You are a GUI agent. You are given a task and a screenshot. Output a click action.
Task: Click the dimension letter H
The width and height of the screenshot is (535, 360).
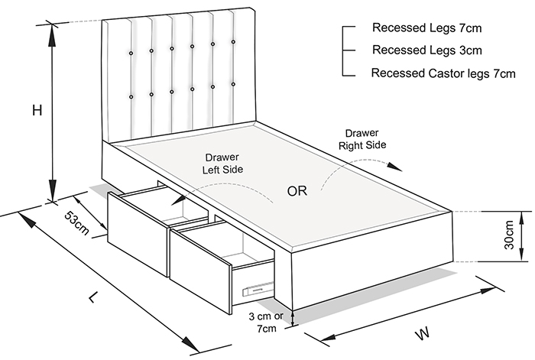click(x=36, y=111)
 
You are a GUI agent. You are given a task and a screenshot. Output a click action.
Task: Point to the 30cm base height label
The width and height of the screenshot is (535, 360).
click(x=509, y=237)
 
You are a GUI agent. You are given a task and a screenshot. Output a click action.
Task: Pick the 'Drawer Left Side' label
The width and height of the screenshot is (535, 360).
click(x=220, y=164)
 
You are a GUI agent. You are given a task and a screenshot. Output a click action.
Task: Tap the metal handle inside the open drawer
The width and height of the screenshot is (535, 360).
click(x=255, y=289)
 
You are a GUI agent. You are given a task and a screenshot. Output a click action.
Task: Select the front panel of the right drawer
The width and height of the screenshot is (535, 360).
click(x=199, y=269)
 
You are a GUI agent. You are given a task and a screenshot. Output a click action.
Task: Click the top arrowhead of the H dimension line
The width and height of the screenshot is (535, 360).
click(x=52, y=29)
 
